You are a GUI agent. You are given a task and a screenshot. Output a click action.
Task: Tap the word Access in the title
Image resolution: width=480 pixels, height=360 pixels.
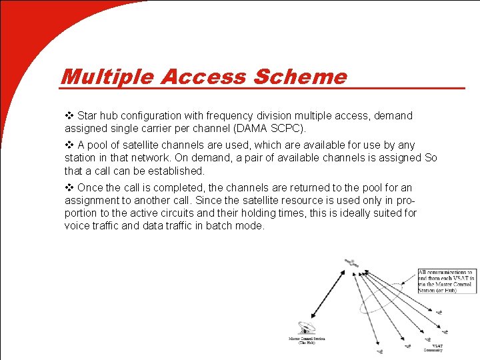tap(203, 77)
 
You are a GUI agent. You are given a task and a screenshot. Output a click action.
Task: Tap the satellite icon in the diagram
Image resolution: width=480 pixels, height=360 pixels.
tap(349, 264)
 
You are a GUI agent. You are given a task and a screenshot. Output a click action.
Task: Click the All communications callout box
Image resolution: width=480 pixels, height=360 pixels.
tap(445, 281)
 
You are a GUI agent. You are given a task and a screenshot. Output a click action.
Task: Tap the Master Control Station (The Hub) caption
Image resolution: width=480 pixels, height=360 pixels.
tap(306, 341)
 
